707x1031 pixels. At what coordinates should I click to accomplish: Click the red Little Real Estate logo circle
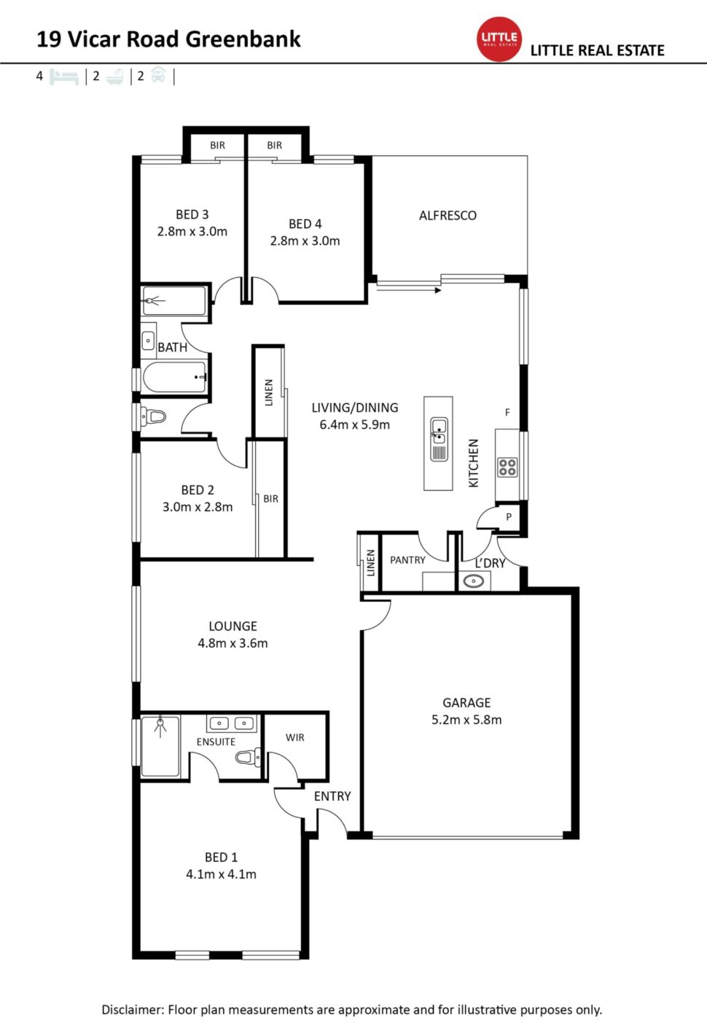point(499,39)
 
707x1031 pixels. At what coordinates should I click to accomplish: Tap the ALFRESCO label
point(448,215)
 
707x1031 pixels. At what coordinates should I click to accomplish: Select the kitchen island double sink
point(438,439)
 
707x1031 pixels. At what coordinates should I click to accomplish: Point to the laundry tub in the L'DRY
point(474,581)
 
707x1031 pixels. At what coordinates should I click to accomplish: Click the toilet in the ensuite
point(248,756)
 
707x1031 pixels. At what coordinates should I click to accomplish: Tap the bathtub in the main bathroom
point(174,377)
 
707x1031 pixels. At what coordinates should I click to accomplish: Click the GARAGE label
point(466,703)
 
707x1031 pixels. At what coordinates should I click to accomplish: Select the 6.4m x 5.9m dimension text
point(355,425)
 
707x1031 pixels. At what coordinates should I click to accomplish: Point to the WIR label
point(295,737)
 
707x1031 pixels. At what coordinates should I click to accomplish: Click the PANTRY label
point(407,560)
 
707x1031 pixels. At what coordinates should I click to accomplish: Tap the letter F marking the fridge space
point(507,413)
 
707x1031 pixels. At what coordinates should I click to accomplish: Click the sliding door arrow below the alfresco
point(409,290)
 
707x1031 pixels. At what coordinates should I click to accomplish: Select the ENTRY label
point(332,796)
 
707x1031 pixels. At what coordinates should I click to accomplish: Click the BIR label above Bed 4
point(274,145)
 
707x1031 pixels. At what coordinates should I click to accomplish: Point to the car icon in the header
point(158,74)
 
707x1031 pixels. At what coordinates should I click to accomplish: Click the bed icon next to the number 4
point(64,77)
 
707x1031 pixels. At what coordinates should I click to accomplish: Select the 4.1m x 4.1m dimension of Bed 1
point(221,874)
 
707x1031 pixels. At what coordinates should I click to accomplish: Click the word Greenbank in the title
point(243,39)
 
